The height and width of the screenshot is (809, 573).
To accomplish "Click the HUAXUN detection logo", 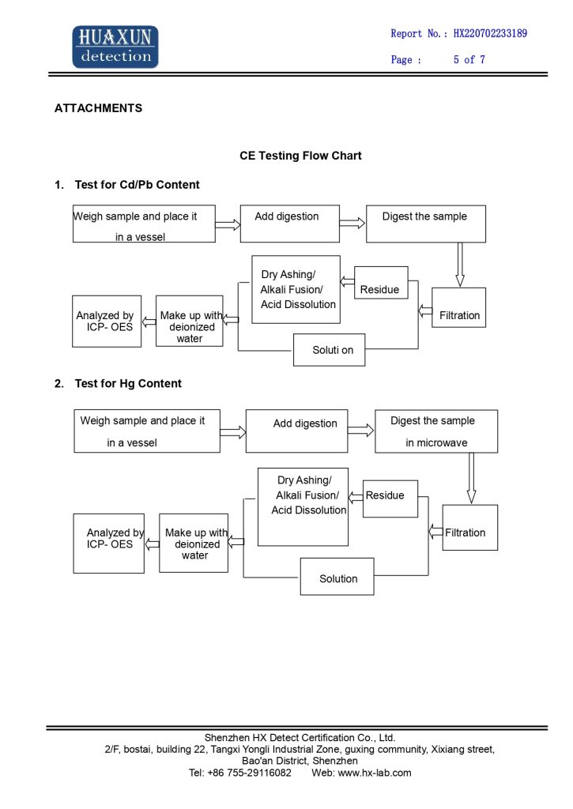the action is [115, 47].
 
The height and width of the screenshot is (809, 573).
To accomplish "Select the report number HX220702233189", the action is [490, 33].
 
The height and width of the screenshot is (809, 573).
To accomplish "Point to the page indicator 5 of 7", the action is [469, 59].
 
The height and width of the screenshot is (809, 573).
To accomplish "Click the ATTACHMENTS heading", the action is [98, 107].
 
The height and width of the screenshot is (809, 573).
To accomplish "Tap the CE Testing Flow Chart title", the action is [300, 156].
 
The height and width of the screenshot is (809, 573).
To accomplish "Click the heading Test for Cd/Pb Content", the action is [137, 185].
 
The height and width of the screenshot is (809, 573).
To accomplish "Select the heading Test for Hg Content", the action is [128, 383].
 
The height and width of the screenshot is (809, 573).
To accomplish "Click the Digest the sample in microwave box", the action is [436, 431].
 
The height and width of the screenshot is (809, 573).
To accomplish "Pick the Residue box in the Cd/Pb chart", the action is [381, 283].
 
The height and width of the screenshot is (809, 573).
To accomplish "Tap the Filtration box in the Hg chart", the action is [469, 527].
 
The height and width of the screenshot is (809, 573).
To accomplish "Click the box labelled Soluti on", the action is [330, 350].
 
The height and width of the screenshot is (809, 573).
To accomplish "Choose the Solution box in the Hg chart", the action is [337, 576].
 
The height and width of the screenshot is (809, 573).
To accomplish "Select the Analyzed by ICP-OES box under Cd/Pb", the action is [107, 321].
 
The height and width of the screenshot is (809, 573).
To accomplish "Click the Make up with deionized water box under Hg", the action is [194, 543].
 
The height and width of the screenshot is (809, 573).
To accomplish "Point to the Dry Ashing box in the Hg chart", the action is [303, 506].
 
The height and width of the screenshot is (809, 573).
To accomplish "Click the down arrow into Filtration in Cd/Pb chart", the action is [460, 265].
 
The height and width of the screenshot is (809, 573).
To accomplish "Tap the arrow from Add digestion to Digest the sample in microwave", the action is [361, 431].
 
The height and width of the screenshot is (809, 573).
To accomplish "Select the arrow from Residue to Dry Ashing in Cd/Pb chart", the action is [348, 282].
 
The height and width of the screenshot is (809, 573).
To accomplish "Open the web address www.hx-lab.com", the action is [375, 773].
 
